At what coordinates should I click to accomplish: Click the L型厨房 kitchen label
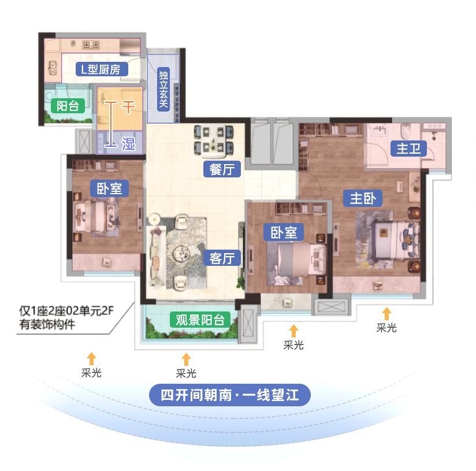tap(101, 70)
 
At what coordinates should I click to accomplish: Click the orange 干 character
tap(128, 106)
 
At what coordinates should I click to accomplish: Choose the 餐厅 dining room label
tap(222, 169)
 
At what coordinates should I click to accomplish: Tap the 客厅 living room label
tap(222, 258)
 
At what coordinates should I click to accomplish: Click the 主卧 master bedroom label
tap(363, 198)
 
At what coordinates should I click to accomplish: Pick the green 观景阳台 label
tap(199, 320)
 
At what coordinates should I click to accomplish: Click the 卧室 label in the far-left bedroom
tap(109, 188)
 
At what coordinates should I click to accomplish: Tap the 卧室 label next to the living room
tap(284, 232)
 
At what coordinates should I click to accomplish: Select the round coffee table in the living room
tap(186, 253)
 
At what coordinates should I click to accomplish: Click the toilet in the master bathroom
tap(404, 128)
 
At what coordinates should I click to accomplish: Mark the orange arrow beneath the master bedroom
tap(386, 314)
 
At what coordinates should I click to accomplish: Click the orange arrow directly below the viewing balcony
tap(186, 359)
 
